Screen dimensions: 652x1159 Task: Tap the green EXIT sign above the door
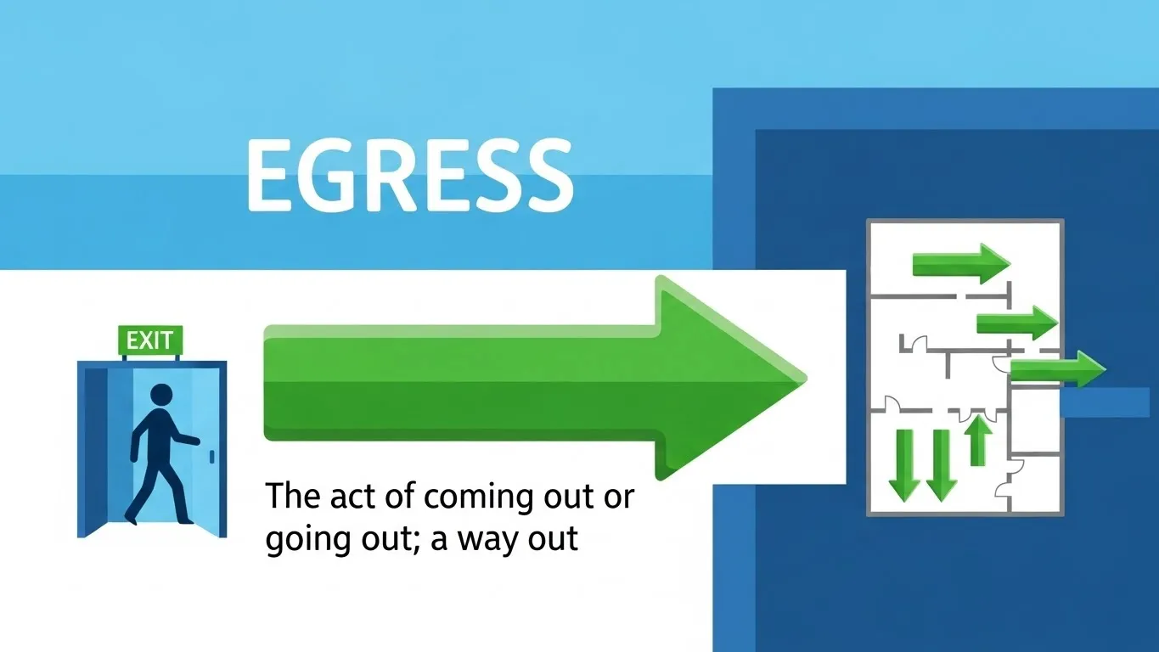coord(149,341)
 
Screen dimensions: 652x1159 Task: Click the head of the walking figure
coord(160,395)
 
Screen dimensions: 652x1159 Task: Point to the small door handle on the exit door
coord(211,456)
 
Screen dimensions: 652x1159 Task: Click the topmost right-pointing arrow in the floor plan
coord(960,264)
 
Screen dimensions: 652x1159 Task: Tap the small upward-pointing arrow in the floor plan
coord(979,440)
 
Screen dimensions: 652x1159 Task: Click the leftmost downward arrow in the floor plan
coord(904,464)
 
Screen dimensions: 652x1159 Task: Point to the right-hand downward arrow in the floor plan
coord(940,464)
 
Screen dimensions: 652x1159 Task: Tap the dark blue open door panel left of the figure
coord(93,450)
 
